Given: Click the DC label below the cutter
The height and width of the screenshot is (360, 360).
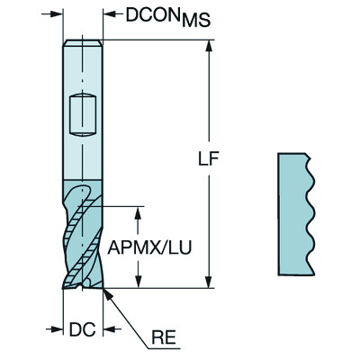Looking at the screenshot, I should coord(83,329).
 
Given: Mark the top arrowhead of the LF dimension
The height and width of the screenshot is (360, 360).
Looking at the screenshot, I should coord(210,46).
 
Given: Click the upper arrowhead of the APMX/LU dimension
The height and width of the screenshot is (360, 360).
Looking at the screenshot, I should coord(138,212).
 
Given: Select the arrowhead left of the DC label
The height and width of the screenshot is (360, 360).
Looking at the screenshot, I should coord(65,329).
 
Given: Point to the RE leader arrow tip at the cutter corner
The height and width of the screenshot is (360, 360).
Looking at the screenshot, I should coord(107,290).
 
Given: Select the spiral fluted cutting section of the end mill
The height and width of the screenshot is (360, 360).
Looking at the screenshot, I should coord(84,236).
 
